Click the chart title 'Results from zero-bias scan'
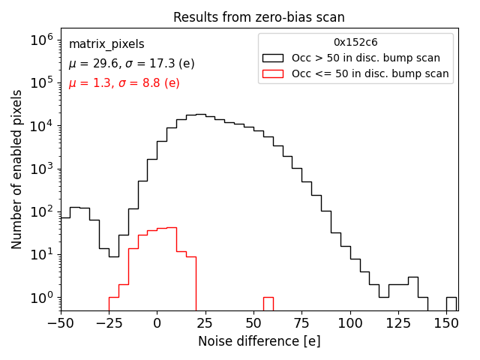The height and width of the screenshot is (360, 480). point(259,17)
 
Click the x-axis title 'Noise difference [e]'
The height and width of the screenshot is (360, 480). point(259,341)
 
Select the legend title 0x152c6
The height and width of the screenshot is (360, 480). point(355,42)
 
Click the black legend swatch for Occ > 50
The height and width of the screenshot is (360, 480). point(274,58)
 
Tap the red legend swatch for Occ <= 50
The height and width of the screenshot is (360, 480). point(274,73)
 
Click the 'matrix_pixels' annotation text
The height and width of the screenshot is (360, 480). point(106,44)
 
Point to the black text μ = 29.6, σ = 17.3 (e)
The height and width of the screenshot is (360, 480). point(131,64)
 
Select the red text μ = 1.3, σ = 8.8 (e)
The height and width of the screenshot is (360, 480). point(124,83)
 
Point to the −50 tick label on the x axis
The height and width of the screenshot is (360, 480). point(60,323)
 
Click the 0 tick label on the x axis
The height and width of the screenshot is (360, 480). point(157,323)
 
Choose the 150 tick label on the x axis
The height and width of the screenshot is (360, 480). point(446,323)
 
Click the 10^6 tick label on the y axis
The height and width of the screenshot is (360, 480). point(40,40)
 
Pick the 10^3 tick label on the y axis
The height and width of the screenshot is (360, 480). point(40,169)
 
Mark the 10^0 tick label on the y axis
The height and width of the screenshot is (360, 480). point(40,298)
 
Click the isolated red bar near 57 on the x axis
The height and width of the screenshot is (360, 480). point(268,304)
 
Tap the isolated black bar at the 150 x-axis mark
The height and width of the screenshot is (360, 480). point(451,304)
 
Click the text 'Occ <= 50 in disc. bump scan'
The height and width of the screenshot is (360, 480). point(370,73)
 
